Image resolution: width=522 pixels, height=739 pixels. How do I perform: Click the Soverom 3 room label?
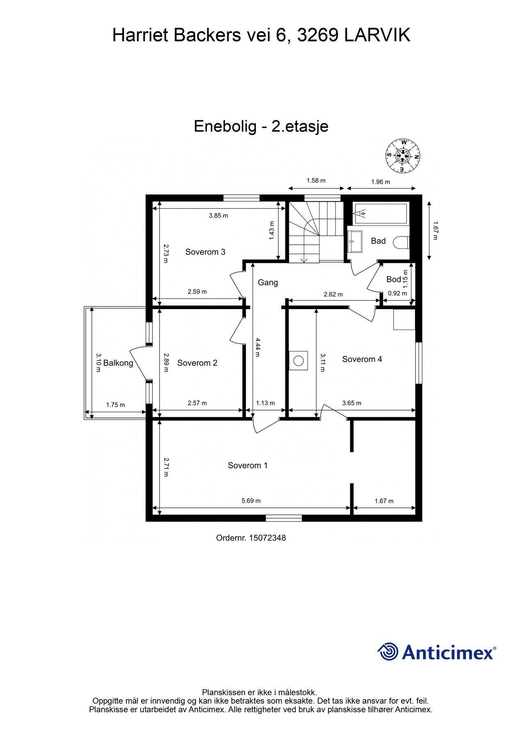(205, 252)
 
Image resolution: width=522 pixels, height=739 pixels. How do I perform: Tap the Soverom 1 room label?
(248, 465)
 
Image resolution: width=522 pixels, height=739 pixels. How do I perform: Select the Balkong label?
(118, 363)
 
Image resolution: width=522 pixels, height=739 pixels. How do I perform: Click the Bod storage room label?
(393, 280)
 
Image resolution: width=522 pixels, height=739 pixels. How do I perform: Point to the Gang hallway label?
(268, 282)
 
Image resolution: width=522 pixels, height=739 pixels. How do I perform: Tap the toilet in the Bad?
(401, 242)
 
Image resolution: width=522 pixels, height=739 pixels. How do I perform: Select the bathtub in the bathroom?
(381, 213)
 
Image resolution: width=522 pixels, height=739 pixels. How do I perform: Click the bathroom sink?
(355, 242)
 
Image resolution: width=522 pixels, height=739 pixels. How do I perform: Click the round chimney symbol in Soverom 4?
(299, 361)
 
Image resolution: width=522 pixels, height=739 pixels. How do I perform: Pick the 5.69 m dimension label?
(251, 501)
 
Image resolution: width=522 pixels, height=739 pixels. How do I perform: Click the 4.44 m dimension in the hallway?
(257, 347)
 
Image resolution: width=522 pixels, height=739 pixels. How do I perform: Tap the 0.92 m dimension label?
(397, 294)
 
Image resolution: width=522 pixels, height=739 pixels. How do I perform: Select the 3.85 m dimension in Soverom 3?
(218, 216)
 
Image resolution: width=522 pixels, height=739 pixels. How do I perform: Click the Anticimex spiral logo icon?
(388, 652)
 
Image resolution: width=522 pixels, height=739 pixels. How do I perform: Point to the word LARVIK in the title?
(377, 36)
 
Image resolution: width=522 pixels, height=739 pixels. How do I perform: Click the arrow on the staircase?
(304, 259)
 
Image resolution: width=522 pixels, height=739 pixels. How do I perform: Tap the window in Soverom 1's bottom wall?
(284, 519)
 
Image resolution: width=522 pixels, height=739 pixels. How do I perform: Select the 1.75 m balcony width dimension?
(115, 405)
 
